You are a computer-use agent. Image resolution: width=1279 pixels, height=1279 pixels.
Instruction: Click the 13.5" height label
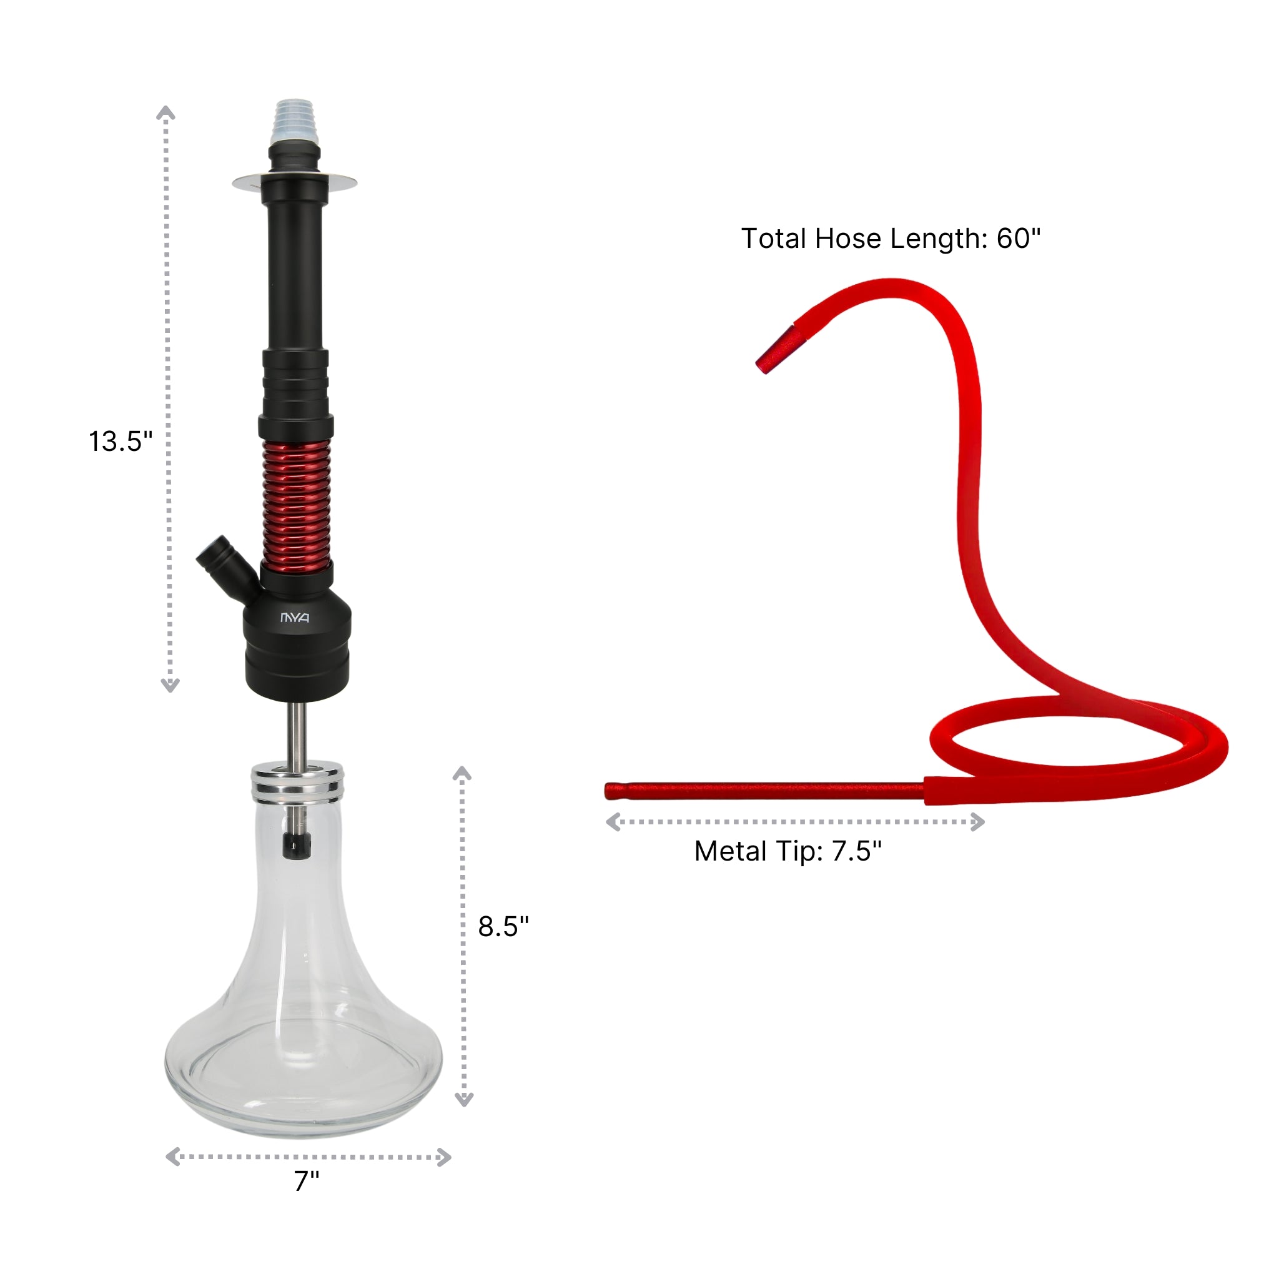tap(121, 442)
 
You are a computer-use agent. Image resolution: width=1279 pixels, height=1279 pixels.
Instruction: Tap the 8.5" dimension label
tap(503, 926)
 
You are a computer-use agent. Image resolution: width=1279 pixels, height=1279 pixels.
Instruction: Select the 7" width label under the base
tap(307, 1198)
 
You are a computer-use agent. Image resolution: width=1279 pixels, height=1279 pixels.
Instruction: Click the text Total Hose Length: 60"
tap(891, 239)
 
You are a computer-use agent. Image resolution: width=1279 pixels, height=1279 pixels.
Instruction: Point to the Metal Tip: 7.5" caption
tap(788, 851)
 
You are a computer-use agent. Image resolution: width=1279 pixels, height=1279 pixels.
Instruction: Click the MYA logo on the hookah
tap(295, 618)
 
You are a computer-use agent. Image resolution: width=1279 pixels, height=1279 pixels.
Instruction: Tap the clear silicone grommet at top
tap(295, 122)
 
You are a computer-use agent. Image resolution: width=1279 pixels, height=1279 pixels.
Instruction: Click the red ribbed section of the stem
tap(296, 503)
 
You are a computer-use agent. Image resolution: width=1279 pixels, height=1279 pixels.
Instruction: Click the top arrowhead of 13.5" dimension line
tap(165, 112)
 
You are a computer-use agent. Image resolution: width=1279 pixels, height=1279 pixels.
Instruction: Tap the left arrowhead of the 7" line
tap(173, 1157)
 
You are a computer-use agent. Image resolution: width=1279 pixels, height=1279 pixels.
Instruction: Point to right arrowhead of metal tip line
tap(978, 822)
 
